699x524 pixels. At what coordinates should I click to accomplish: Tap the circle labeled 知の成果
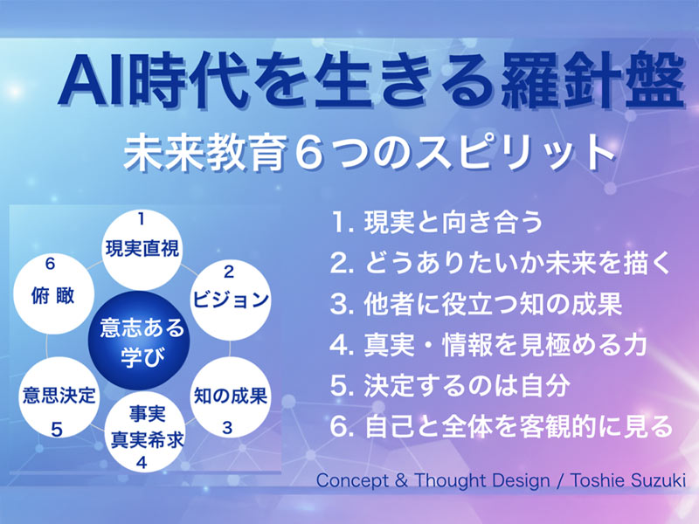point(229,397)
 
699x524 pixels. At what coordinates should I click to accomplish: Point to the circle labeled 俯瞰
point(55,289)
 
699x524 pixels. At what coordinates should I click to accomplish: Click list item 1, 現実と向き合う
point(437,222)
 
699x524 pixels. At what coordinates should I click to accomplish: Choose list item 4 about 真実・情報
point(489,344)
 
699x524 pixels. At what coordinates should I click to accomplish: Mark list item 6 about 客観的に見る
point(502,426)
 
